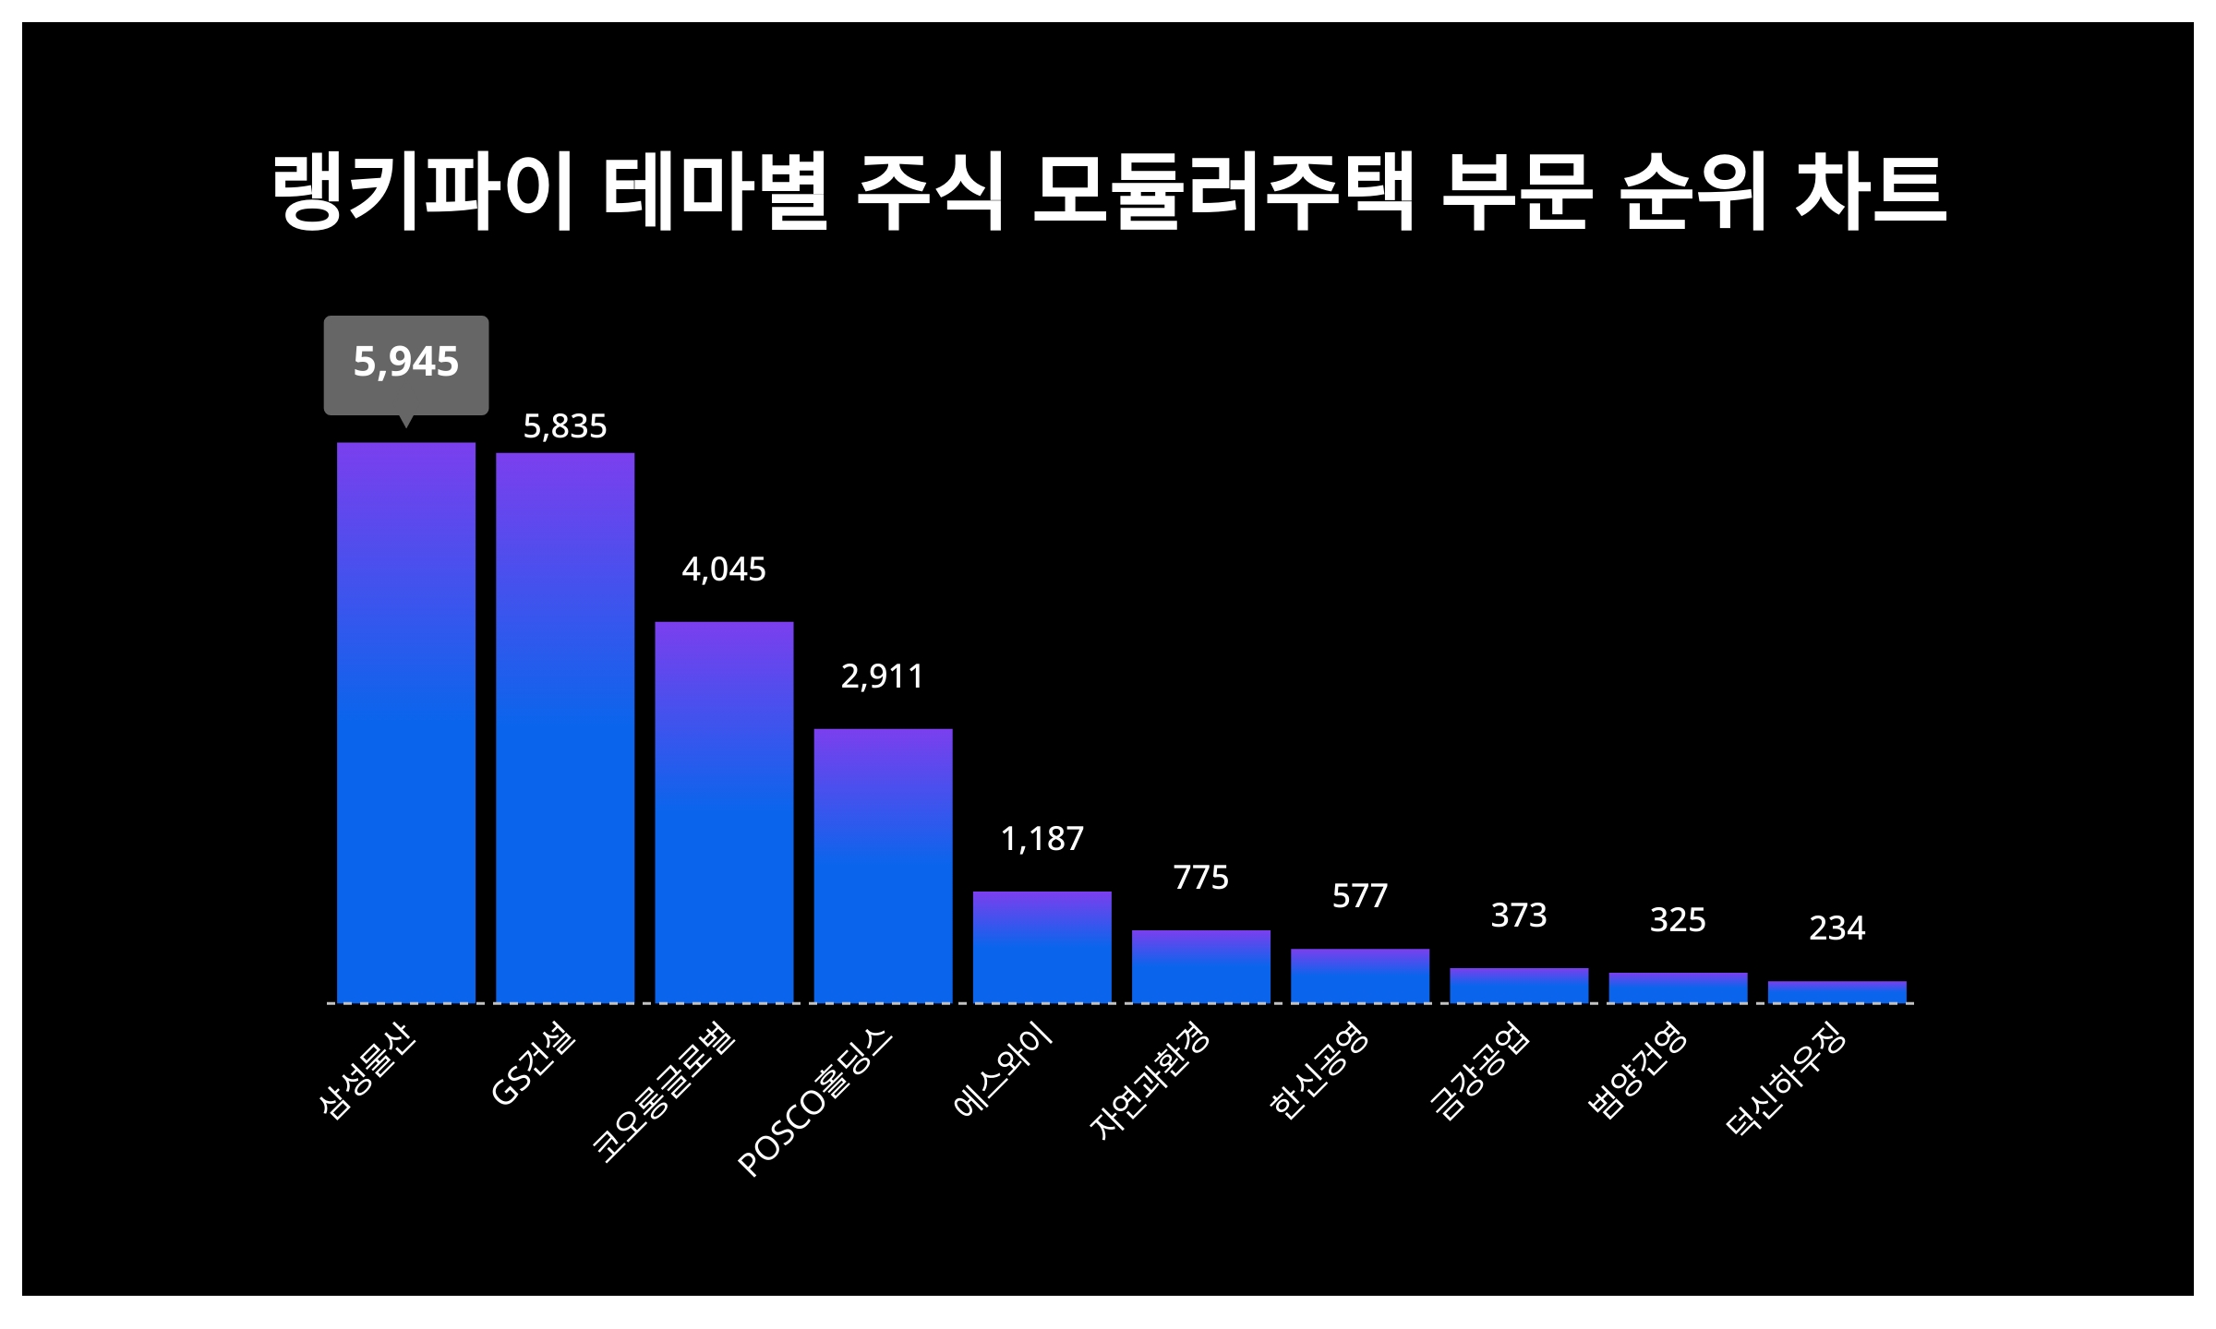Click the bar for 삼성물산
coord(405,722)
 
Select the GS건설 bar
coord(565,727)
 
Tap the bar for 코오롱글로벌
coord(724,811)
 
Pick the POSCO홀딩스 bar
coord(883,865)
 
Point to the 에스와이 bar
coord(1042,946)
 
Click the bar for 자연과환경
coord(1200,965)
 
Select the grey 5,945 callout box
coord(405,364)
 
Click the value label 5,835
coord(565,426)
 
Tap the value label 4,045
coord(724,569)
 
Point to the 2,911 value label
coord(883,676)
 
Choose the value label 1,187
coord(1042,839)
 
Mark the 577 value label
coord(1359,896)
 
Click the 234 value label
coord(1837,928)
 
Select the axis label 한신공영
coord(1319,1072)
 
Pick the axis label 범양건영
coord(1637,1072)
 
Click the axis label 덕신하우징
coord(1786,1082)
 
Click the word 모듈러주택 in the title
coord(1222,193)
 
